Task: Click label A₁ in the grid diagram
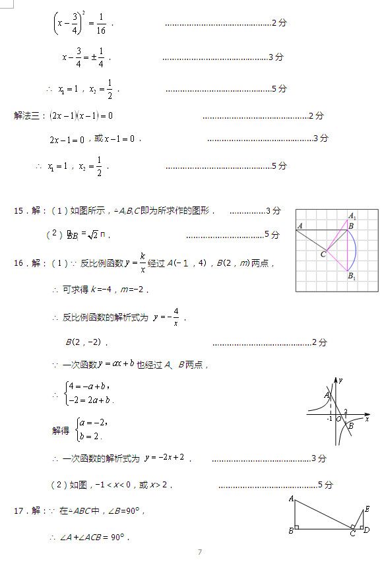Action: [352, 216]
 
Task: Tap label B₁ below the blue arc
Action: [352, 276]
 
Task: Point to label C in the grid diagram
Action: [323, 254]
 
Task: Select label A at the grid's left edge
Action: [300, 226]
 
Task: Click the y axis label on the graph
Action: [341, 380]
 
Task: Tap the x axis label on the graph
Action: [367, 419]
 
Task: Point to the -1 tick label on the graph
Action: [329, 419]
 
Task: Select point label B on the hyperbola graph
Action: [351, 425]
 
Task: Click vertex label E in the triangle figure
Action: [367, 509]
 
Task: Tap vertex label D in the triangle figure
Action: [367, 530]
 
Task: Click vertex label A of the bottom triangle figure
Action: [291, 499]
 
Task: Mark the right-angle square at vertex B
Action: [298, 527]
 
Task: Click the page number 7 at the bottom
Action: [200, 552]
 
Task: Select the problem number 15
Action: [18, 211]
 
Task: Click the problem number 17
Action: [18, 510]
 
